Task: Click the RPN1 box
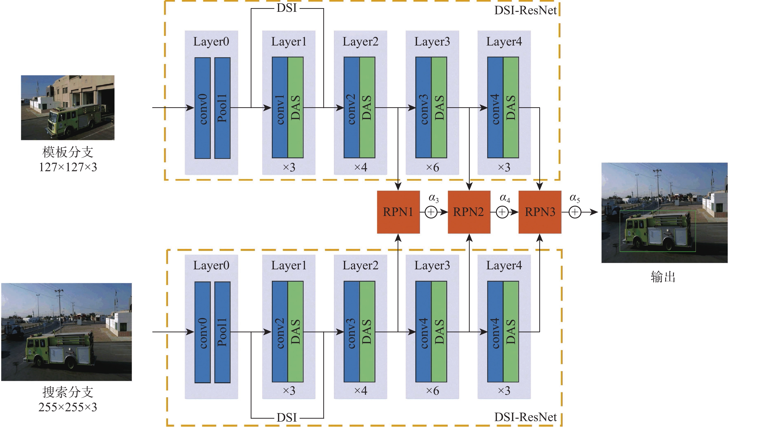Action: [398, 212]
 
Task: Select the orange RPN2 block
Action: [469, 212]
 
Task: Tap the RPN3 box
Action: [540, 212]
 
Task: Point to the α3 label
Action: [434, 198]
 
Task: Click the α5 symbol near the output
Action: [575, 198]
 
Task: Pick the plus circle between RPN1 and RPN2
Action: [431, 212]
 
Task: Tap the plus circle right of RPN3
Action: [575, 212]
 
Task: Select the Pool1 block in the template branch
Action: [222, 108]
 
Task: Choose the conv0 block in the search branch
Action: [202, 332]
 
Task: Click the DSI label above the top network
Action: [287, 8]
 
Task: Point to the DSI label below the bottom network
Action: [287, 418]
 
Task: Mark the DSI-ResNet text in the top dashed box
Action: [525, 11]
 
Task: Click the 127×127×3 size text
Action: [68, 167]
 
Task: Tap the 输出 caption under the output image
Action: [663, 277]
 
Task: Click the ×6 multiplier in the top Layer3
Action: [432, 167]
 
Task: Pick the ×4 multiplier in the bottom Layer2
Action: [360, 391]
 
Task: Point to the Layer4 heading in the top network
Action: [504, 42]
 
